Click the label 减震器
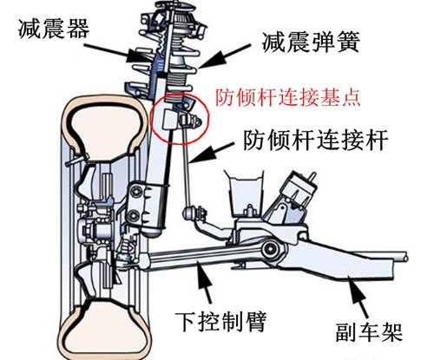tap(54, 29)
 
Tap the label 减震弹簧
tap(311, 43)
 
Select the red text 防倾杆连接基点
tap(288, 97)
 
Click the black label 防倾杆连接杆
tap(315, 141)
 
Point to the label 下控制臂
tap(220, 321)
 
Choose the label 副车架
tap(369, 333)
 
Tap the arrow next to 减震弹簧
tap(224, 56)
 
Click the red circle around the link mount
tap(180, 119)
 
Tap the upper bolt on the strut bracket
tap(135, 192)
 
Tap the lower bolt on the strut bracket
tap(135, 216)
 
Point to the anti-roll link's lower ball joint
tap(188, 213)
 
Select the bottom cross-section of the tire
tap(105, 330)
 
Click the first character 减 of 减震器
tap(30, 29)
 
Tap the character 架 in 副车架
tap(392, 333)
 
